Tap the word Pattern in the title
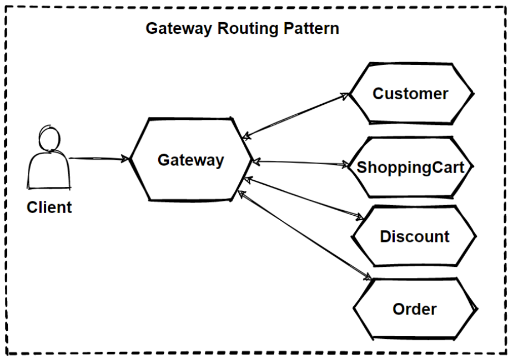311,29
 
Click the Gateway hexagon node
190,160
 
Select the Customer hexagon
410,93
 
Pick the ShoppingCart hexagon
410,166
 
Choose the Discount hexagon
414,237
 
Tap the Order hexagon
414,308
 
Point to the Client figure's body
49,172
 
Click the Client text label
49,208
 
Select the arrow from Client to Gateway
99,159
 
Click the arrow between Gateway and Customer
297,115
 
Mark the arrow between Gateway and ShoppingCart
300,163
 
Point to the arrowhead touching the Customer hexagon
346,95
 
